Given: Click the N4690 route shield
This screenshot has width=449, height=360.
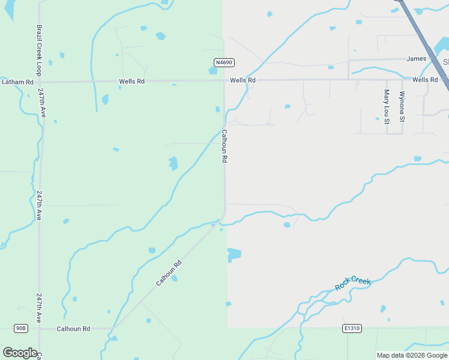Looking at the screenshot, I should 224,62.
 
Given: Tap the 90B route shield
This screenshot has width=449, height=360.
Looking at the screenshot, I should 21,328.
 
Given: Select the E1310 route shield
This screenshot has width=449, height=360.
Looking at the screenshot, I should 352,328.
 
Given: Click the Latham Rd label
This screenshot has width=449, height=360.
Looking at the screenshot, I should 17,82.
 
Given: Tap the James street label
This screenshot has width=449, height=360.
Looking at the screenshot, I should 416,59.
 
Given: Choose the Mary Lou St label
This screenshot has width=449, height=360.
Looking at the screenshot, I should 386,107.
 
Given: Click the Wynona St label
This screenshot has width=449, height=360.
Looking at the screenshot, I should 402,107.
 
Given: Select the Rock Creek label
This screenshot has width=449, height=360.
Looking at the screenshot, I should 353,284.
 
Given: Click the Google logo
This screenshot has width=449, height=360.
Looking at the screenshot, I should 20,353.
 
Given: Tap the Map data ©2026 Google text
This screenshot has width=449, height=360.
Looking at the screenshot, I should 412,355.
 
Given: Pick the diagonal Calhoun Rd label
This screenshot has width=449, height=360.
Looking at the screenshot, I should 169,273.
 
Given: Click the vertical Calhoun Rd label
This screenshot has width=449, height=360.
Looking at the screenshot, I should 224,146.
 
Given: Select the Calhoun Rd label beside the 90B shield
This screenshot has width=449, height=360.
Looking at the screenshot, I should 73,329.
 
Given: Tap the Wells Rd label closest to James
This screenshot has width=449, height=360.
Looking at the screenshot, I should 424,80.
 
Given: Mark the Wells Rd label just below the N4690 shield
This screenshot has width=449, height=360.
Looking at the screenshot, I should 244,80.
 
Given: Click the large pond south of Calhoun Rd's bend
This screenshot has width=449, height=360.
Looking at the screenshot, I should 234,255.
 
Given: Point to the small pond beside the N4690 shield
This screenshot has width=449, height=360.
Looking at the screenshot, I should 213,70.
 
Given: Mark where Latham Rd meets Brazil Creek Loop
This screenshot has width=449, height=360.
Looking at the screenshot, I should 40,82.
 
